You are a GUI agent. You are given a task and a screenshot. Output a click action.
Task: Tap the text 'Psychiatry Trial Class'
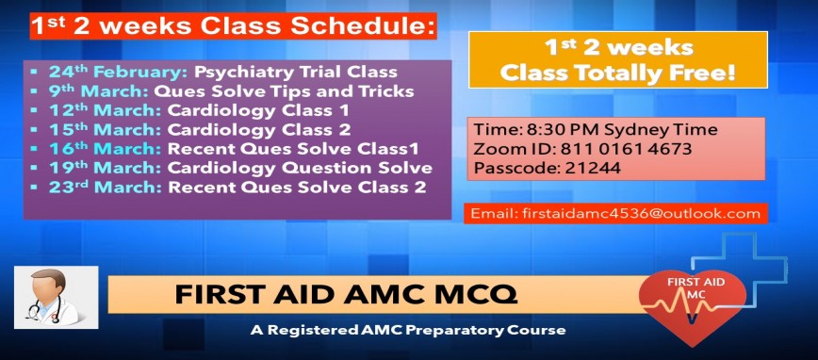(296, 72)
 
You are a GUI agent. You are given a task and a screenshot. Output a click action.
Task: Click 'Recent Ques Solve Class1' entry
(293, 149)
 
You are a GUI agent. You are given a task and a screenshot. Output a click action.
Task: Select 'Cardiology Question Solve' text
(300, 168)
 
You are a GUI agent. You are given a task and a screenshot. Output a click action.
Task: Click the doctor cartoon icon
(56, 296)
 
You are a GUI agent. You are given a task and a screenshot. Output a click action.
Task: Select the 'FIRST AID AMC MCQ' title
(346, 295)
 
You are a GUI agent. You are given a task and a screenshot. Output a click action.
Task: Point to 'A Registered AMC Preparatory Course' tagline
(408, 330)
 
